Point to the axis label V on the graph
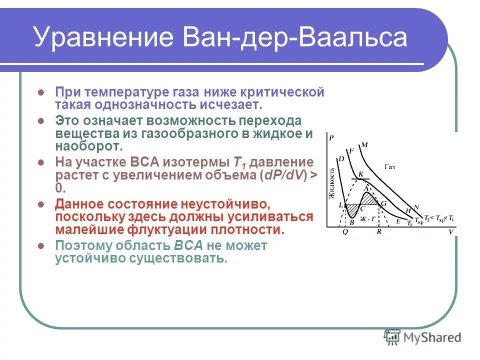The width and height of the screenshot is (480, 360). [x=450, y=232]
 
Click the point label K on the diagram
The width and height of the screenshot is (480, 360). [x=360, y=172]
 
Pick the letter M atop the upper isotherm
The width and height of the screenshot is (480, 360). [x=364, y=145]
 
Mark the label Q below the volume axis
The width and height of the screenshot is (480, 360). [x=345, y=232]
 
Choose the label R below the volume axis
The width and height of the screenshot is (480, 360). [x=379, y=232]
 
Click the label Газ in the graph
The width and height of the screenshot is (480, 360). [x=389, y=166]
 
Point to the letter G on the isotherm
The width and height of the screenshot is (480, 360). [x=384, y=203]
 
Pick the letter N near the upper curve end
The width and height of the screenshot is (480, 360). [x=416, y=207]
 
